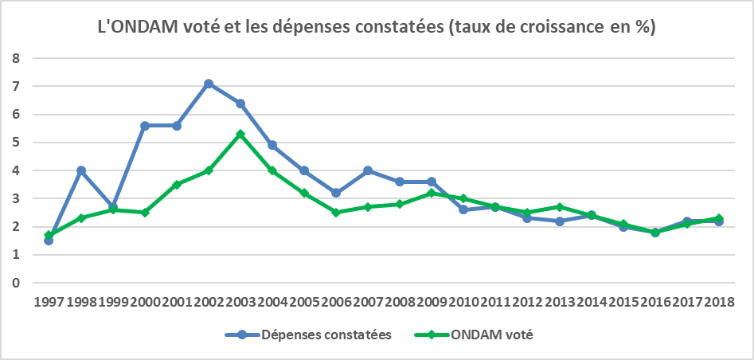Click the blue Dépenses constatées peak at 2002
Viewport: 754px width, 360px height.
tap(209, 84)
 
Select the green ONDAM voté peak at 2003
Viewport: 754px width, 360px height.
tap(240, 134)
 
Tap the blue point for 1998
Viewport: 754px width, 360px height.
tap(81, 170)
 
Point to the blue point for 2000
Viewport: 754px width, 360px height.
tap(145, 126)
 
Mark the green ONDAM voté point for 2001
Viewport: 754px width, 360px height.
tap(177, 184)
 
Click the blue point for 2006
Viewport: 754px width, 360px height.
tap(336, 193)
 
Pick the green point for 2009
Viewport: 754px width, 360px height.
tap(432, 193)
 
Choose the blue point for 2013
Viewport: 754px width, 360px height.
tap(559, 221)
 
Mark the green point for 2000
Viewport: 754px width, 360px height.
tap(145, 213)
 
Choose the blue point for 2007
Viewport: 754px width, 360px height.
tap(368, 170)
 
